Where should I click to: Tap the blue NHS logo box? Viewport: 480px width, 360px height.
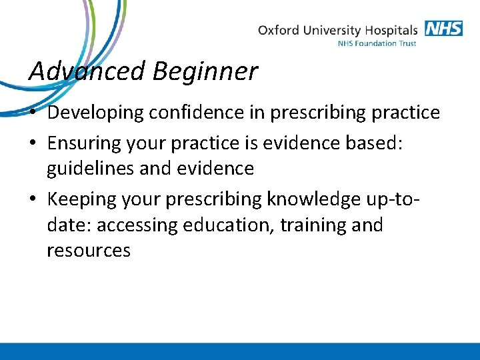tap(443, 29)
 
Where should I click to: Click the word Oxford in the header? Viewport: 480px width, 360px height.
tap(277, 30)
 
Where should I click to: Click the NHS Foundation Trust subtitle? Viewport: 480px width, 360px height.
tap(377, 44)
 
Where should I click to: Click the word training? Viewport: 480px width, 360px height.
tap(311, 225)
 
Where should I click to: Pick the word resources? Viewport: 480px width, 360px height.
tap(89, 251)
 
